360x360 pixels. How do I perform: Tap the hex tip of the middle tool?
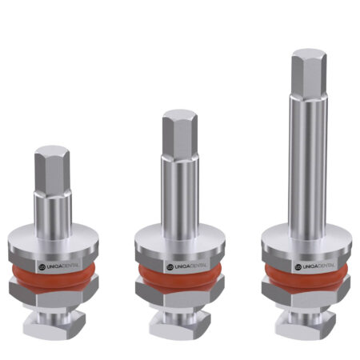(180, 134)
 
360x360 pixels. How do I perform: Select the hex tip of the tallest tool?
(309, 74)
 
